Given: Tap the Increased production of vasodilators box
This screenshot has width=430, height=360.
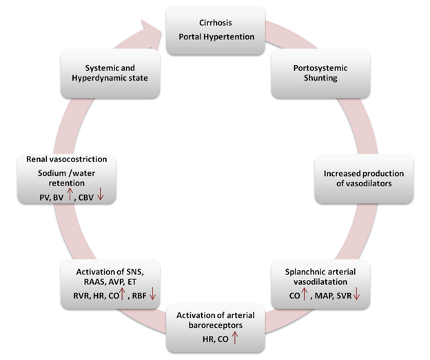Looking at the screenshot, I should pyautogui.click(x=365, y=178).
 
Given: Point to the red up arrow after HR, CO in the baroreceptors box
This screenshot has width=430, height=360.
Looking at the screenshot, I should pyautogui.click(x=236, y=337).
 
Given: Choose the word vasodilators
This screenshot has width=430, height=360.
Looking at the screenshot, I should pyautogui.click(x=371, y=184).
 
